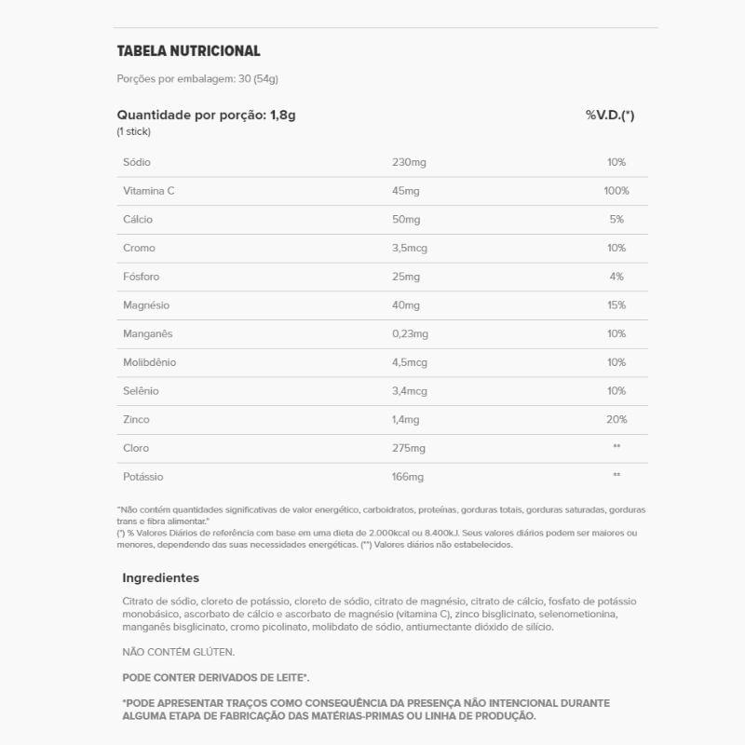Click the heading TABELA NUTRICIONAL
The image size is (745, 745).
tap(188, 51)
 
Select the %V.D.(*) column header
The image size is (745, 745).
tap(610, 115)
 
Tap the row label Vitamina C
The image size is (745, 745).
tap(149, 191)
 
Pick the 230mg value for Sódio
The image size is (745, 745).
tap(409, 162)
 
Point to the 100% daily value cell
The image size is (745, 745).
tap(616, 191)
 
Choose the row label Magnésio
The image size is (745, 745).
tap(146, 305)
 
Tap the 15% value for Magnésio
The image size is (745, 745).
tap(616, 305)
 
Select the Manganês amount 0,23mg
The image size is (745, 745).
tap(411, 333)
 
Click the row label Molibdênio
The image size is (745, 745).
tap(149, 362)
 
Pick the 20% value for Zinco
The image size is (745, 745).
tap(616, 420)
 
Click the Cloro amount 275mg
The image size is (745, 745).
tap(409, 448)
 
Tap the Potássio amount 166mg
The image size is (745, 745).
tap(409, 477)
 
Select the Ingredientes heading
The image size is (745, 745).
tap(160, 577)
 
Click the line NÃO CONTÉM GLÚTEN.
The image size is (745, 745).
tap(179, 653)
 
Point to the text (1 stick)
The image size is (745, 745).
tap(134, 132)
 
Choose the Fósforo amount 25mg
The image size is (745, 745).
tap(406, 277)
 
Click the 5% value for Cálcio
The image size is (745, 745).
tap(616, 220)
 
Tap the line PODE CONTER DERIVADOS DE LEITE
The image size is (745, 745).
tap(215, 678)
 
